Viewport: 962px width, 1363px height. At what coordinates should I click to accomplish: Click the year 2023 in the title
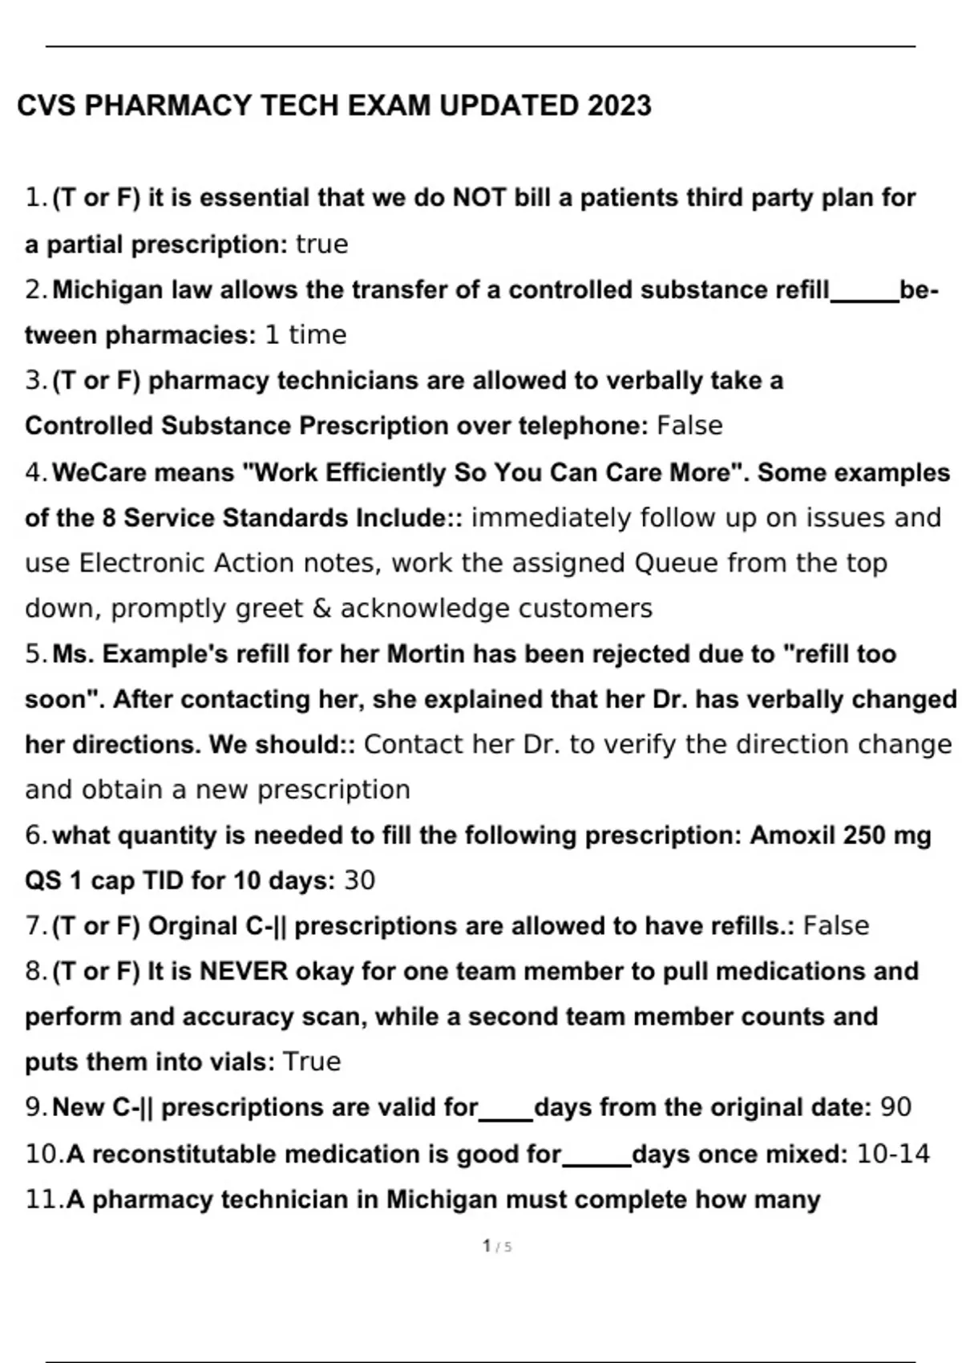(x=619, y=106)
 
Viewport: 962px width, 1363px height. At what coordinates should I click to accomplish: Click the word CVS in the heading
(x=46, y=106)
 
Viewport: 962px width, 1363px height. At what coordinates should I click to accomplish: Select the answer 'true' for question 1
(x=321, y=245)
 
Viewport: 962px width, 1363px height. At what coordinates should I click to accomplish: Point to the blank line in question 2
(x=864, y=298)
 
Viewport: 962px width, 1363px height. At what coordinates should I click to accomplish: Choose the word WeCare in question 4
(x=99, y=472)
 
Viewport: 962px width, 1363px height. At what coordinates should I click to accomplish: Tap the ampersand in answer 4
(x=321, y=609)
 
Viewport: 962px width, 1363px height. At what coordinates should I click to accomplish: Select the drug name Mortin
(x=426, y=654)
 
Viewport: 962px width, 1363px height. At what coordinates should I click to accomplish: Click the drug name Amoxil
(x=793, y=835)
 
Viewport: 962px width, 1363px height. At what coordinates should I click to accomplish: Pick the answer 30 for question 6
(x=359, y=881)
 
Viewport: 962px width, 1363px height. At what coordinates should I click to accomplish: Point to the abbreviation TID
(x=164, y=881)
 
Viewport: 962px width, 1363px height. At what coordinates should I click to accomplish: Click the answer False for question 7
(x=836, y=926)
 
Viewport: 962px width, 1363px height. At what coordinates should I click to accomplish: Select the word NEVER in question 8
(x=244, y=972)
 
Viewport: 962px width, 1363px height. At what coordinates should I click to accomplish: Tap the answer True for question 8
(x=312, y=1062)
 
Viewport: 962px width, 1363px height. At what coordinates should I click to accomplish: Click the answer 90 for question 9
(x=895, y=1107)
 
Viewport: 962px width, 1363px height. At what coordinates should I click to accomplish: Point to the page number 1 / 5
(x=497, y=1246)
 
